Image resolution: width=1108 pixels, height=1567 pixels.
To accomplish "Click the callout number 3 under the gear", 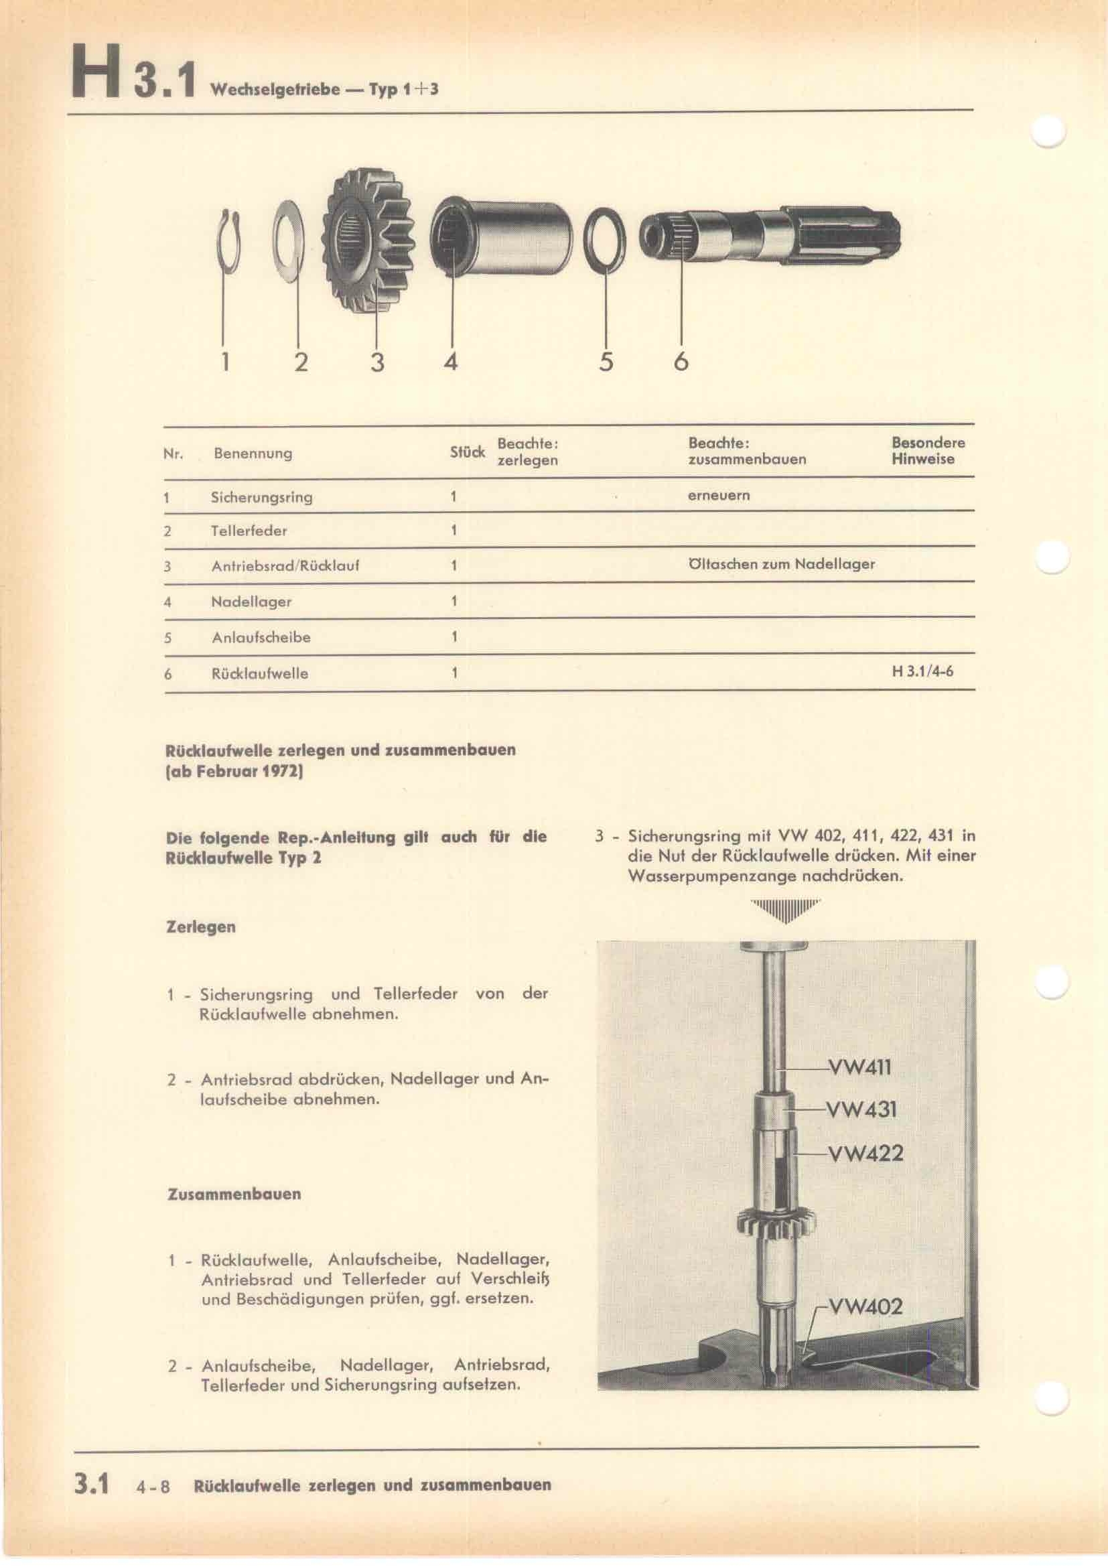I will [377, 361].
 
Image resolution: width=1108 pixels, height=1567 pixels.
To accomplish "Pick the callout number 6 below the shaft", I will [680, 361].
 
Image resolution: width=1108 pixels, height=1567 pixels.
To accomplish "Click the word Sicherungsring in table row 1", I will [261, 497].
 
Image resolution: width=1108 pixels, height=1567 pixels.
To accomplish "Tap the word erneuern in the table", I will [718, 496].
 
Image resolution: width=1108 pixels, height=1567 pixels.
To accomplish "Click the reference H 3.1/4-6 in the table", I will [922, 671].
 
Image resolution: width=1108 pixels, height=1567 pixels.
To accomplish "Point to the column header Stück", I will [468, 452].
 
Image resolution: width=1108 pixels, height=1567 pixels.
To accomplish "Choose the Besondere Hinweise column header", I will [928, 450].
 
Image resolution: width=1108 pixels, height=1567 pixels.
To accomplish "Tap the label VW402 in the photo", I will [865, 1306].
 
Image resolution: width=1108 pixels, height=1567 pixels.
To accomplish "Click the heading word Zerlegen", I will [200, 927].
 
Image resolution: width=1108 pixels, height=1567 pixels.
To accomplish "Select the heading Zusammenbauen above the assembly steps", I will [233, 1194].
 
